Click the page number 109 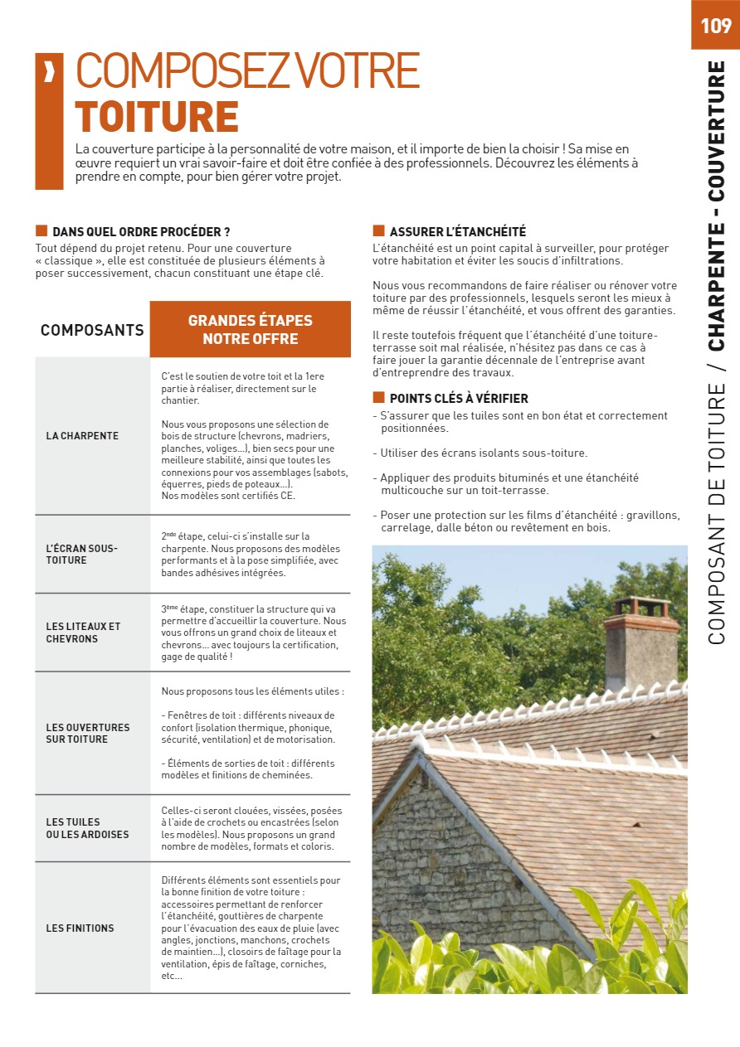(715, 26)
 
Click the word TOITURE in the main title (157, 116)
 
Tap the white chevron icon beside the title (49, 73)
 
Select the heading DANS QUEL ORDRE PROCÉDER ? (141, 232)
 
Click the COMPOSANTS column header (92, 330)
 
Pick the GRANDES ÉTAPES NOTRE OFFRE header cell (250, 330)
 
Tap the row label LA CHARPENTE (82, 436)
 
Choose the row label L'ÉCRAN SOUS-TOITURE (82, 555)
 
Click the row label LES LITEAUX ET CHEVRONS (83, 633)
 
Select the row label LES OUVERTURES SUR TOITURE (88, 734)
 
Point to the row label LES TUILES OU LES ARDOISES (87, 828)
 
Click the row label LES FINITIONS (80, 928)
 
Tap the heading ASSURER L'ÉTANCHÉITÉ (457, 232)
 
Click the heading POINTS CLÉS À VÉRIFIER (459, 399)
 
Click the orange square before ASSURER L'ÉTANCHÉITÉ (378, 231)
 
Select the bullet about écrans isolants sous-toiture (484, 453)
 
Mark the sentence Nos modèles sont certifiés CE (228, 497)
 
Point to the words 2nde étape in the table (184, 537)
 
